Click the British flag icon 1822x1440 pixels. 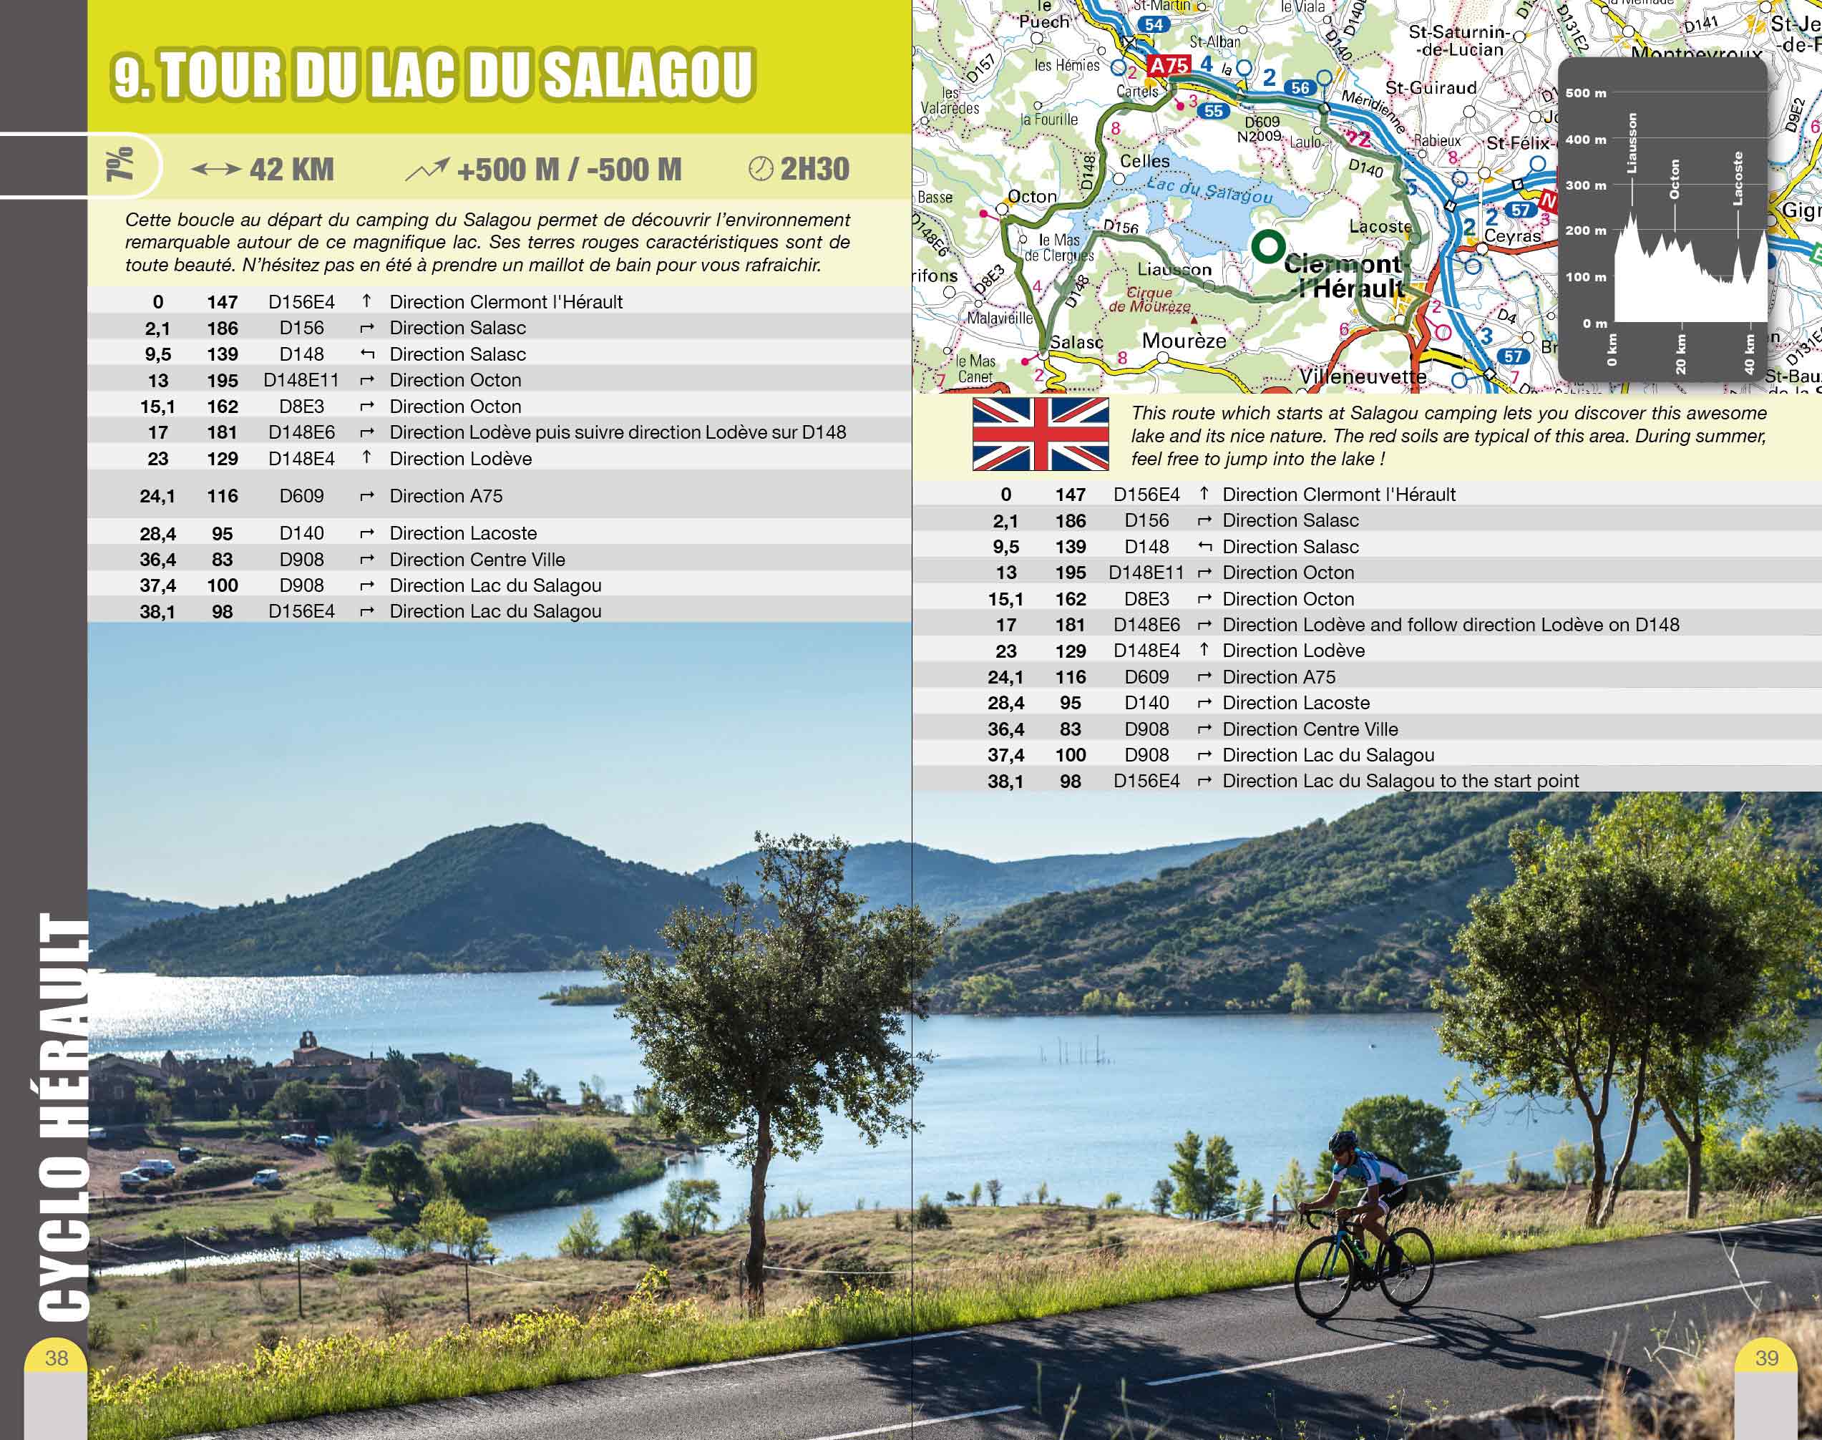point(1040,434)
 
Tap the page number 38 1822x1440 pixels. point(57,1358)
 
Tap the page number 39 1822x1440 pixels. point(1766,1358)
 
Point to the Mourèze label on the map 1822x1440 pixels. point(1184,341)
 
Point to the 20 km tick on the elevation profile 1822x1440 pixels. point(1680,354)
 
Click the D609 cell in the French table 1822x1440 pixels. point(301,496)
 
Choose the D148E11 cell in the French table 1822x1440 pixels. point(301,380)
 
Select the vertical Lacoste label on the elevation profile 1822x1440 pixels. point(1737,178)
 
